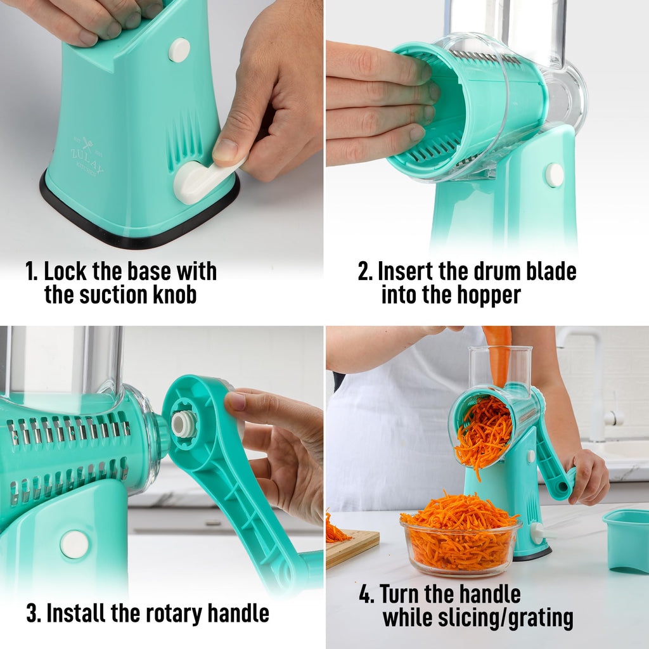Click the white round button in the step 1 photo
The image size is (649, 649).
(179, 50)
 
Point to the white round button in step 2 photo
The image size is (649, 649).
(555, 175)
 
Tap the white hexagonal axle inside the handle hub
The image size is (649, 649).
(184, 424)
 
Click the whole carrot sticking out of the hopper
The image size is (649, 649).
(499, 355)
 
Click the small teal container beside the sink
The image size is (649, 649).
(626, 538)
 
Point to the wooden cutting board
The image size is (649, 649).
(352, 545)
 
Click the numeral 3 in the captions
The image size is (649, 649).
(32, 613)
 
